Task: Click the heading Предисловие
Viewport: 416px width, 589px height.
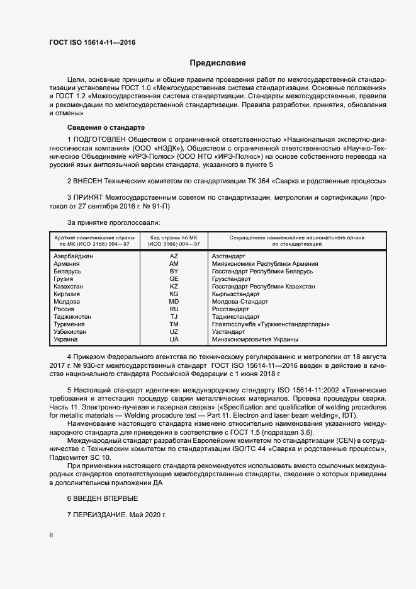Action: [218, 63]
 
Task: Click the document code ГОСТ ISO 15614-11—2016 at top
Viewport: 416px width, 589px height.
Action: [92, 43]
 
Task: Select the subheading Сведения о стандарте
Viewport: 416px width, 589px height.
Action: [97, 127]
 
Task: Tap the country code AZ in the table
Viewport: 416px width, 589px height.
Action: [174, 256]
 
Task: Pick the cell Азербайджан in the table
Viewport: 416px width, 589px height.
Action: [74, 256]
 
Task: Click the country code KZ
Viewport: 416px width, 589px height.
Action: [174, 287]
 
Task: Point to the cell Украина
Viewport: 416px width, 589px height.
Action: [66, 340]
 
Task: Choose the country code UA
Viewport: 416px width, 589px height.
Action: [174, 340]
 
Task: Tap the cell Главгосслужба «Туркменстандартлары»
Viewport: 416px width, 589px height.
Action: [271, 324]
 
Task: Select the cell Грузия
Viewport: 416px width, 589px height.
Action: [64, 279]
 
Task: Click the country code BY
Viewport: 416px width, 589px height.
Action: [174, 272]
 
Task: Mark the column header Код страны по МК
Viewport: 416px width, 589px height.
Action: [174, 237]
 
